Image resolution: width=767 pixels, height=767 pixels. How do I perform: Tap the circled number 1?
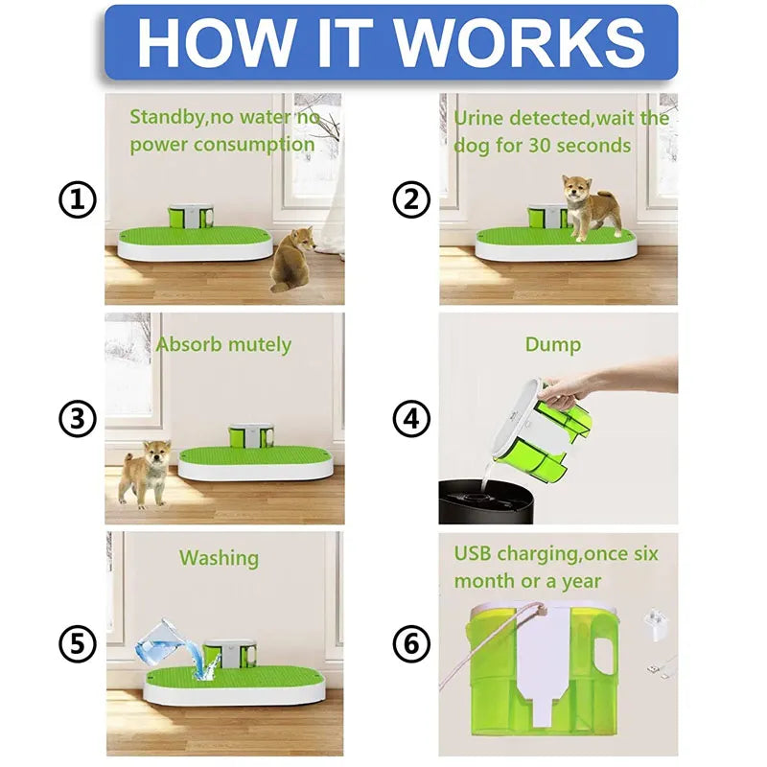coord(78,200)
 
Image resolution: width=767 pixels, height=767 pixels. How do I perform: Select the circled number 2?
coord(411,200)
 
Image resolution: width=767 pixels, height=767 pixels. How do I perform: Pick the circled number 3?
coord(78,419)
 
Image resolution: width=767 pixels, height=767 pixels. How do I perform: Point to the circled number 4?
coord(411,419)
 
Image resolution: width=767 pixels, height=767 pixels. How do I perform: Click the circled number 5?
coord(78,643)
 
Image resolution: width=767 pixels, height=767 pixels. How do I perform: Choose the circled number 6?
coord(411,643)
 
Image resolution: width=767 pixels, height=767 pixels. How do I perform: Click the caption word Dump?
coord(553,343)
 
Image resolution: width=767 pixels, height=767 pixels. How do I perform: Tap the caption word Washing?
coord(219,557)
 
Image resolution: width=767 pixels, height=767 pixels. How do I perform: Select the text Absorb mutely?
coord(223,343)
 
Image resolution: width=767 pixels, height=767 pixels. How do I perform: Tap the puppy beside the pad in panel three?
coord(145,472)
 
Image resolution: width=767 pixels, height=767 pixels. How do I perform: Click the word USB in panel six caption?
coord(476,554)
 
